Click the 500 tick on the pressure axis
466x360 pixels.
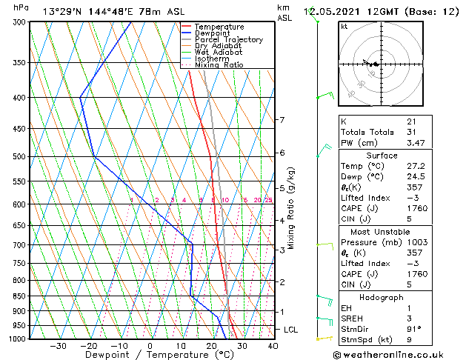click(17, 157)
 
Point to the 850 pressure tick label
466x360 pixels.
click(17, 296)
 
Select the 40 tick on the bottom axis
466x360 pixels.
click(273, 346)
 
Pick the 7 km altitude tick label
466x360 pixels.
click(282, 120)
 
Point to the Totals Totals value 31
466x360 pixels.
click(410, 132)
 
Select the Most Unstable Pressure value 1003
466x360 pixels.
click(415, 242)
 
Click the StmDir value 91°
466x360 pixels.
click(413, 329)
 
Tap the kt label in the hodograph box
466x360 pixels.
click(344, 26)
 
